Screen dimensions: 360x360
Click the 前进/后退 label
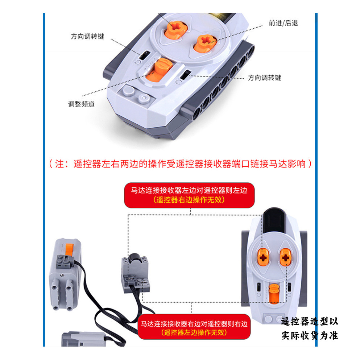283,23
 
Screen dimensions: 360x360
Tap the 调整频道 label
81,104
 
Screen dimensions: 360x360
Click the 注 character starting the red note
59,164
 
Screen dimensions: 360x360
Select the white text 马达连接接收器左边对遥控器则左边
189,190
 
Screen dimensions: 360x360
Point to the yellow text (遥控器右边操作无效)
189,200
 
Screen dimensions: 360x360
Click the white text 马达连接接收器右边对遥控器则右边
194,324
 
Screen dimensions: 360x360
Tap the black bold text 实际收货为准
310,335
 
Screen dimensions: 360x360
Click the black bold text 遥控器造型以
310,322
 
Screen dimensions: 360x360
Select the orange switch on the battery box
69,249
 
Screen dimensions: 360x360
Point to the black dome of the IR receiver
135,258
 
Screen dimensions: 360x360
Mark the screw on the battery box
61,275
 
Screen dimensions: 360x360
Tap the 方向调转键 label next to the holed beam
265,78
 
